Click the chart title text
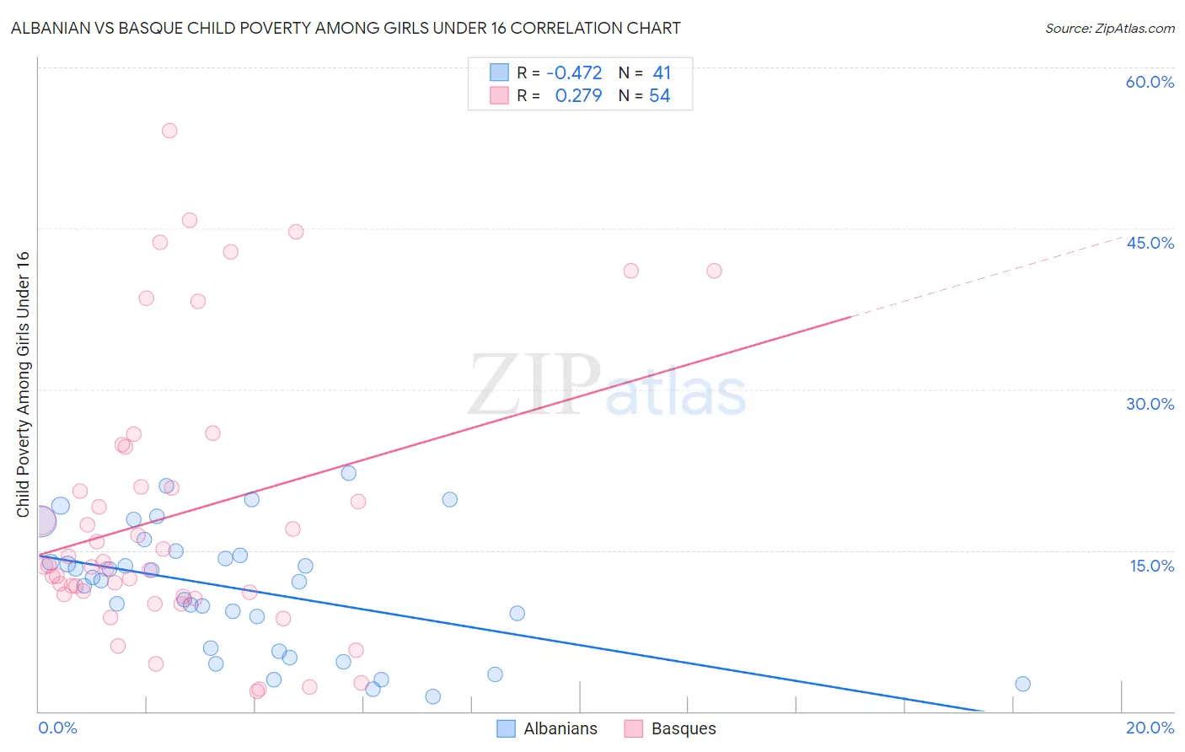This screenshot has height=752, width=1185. (346, 28)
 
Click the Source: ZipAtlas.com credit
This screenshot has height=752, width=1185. (1109, 28)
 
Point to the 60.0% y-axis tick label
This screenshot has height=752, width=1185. (1150, 82)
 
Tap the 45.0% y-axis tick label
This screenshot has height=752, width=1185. (1150, 243)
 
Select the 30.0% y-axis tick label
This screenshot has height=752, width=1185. (1150, 404)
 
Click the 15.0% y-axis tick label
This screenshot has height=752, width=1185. (1151, 566)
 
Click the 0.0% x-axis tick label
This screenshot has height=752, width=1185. (57, 728)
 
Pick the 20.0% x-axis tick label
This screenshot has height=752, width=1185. (1150, 728)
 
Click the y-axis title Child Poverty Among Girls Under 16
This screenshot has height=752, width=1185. (23, 384)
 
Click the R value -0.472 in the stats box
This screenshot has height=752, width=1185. (574, 73)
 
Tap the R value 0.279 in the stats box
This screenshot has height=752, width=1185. (578, 96)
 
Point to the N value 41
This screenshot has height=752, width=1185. (662, 73)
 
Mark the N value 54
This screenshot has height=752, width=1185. (659, 96)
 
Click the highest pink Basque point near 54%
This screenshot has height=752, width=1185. (169, 131)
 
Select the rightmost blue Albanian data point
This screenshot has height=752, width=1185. (1022, 684)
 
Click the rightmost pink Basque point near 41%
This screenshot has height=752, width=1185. (714, 271)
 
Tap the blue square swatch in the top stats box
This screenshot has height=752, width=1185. (499, 73)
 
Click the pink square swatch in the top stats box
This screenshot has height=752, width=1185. (499, 95)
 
